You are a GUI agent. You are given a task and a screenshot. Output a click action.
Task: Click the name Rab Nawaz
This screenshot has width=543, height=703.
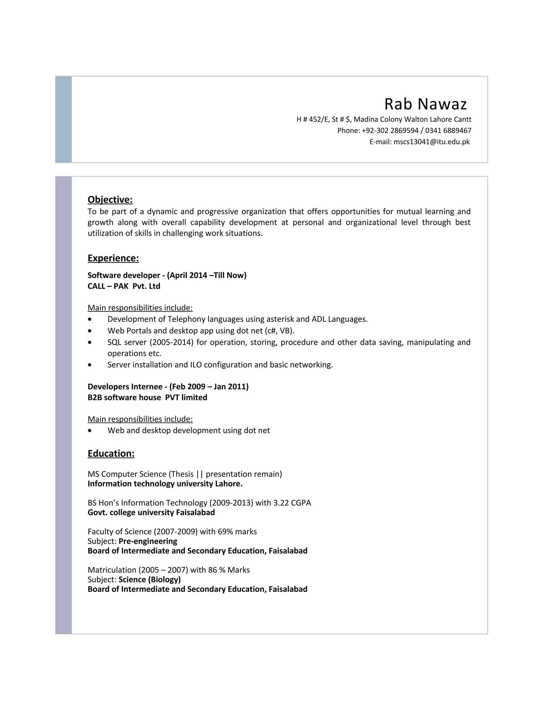(x=425, y=104)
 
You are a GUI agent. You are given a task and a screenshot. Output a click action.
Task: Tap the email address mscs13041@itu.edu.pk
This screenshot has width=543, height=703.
(x=431, y=142)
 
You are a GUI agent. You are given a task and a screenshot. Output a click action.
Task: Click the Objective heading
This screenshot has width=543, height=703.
(x=110, y=199)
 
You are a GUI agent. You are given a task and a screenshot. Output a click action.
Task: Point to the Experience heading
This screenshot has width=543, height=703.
(x=113, y=258)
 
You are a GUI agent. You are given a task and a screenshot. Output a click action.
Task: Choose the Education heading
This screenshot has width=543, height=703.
(x=111, y=454)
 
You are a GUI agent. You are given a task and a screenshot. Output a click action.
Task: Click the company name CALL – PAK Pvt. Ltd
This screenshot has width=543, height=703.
(x=124, y=286)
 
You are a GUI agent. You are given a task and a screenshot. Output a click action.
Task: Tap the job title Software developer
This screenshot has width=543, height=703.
(x=124, y=275)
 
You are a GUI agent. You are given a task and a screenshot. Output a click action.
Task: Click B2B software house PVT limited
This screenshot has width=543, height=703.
(x=147, y=398)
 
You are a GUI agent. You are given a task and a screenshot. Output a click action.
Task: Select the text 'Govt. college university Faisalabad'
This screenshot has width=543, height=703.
(x=151, y=513)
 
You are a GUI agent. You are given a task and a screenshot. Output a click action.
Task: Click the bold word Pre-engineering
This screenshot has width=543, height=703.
(x=148, y=541)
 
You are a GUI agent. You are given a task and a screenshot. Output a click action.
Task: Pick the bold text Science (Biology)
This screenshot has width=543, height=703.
(x=150, y=579)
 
